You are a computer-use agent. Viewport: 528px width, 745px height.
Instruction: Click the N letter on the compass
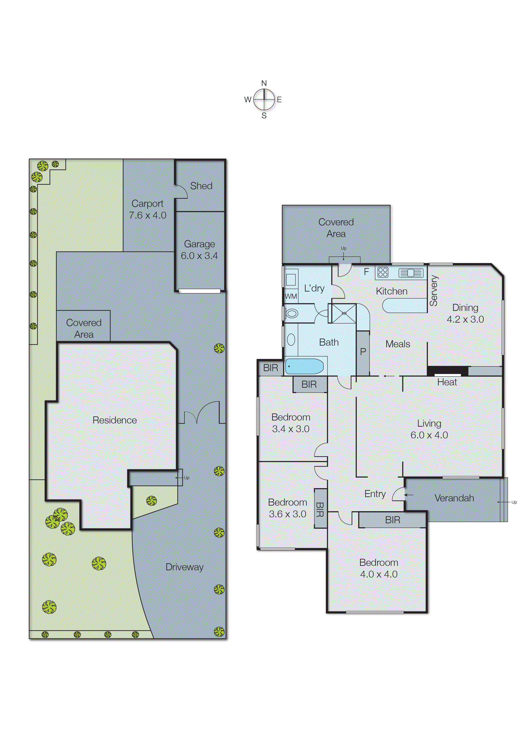264,83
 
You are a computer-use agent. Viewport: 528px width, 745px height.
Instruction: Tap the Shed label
201,186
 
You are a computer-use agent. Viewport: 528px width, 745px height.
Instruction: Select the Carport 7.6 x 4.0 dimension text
148,215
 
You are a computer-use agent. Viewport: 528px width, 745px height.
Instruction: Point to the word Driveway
184,567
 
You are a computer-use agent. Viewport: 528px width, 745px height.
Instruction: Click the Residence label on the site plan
115,420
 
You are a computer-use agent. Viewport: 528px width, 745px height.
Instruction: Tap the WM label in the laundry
291,296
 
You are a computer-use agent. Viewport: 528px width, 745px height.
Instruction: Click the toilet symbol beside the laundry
292,313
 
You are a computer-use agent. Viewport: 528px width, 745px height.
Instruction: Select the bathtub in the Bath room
304,366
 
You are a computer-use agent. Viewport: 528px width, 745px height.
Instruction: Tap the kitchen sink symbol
411,273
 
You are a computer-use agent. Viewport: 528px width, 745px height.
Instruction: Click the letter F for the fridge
366,272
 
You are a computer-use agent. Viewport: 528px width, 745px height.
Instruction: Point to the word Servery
434,291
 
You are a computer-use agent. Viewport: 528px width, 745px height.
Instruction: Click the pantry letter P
363,352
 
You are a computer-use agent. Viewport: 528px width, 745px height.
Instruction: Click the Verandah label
454,498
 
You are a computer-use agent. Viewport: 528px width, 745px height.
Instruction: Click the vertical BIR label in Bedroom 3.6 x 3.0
320,509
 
